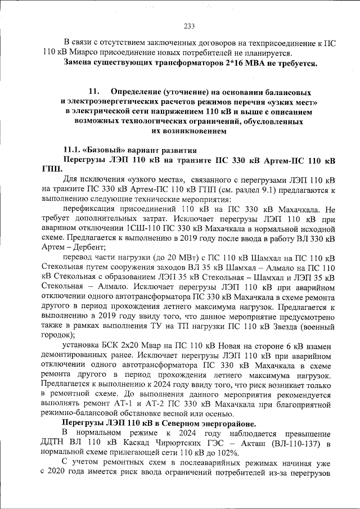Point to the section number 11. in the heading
pyautogui.click(x=94, y=91)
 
